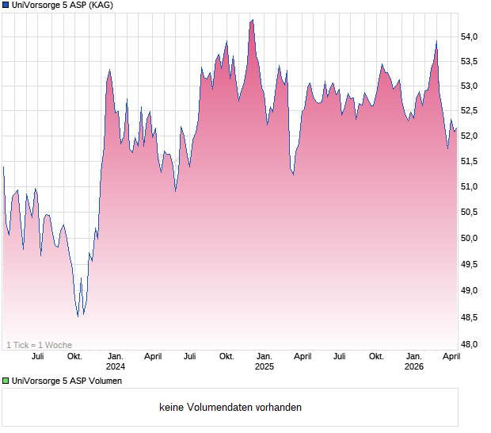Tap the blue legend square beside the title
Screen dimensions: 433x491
point(6,6)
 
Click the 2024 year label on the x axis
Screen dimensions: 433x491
point(116,367)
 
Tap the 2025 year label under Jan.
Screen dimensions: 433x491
point(265,367)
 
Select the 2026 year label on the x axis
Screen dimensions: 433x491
point(414,367)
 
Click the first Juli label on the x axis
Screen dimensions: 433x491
point(37,357)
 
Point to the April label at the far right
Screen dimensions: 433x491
point(451,357)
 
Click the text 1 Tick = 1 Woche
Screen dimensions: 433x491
point(39,345)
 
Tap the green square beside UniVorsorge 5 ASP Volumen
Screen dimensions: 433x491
point(6,381)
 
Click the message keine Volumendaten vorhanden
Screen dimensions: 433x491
point(230,408)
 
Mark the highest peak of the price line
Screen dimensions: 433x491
point(252,20)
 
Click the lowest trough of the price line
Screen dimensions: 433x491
point(78,316)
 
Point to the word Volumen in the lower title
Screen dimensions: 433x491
point(105,381)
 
